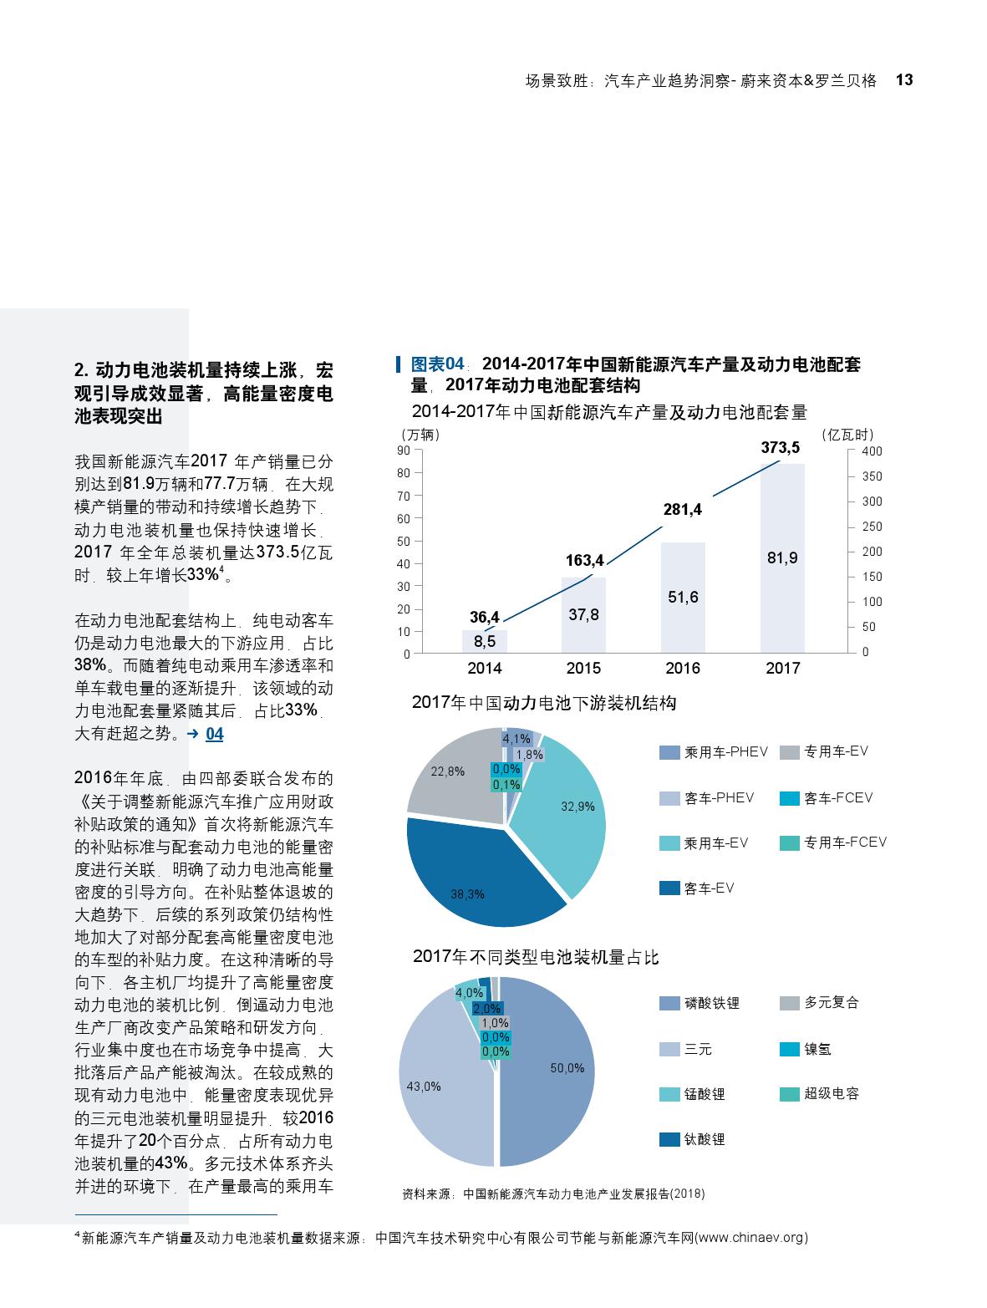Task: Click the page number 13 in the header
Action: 903,80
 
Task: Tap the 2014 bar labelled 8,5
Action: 485,642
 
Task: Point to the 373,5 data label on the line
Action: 780,448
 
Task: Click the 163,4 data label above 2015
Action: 585,560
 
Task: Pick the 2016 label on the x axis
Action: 683,669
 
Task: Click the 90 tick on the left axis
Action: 404,450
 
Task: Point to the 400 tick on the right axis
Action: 872,451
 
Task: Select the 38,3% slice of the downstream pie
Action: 476,878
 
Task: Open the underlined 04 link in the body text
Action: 215,734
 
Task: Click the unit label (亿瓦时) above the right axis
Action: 847,435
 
